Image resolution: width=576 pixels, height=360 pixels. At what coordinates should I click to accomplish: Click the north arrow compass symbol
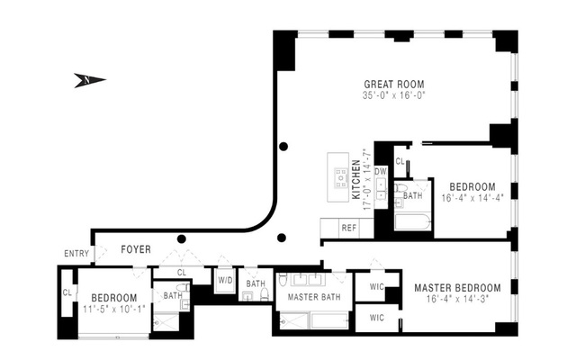(89, 81)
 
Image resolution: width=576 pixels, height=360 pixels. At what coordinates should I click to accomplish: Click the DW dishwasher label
(380, 170)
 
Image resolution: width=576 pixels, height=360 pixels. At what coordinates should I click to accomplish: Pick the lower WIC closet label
(376, 317)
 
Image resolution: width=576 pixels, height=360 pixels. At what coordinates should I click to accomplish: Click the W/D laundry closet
(224, 280)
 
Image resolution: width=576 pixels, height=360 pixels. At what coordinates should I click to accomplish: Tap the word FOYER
(136, 249)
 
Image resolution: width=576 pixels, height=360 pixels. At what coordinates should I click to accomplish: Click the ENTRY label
(76, 254)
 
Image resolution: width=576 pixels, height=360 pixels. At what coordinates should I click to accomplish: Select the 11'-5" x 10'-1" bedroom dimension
(113, 310)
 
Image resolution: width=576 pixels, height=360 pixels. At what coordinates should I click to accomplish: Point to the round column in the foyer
(182, 239)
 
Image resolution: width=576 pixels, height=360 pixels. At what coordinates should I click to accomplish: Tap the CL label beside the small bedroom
(67, 292)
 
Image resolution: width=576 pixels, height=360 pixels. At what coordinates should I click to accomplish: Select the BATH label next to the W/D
(256, 284)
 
